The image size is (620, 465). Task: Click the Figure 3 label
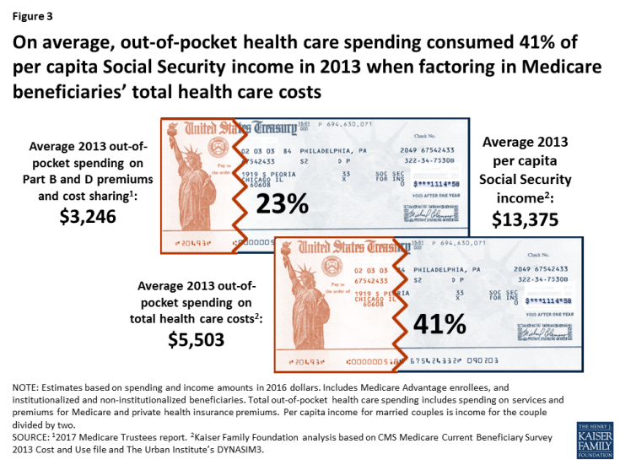[x=31, y=14]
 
